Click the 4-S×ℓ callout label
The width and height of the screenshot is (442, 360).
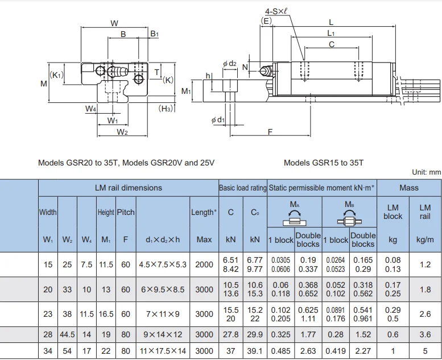point(278,11)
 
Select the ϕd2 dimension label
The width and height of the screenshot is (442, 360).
point(229,64)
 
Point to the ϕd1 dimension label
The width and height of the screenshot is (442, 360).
point(217,120)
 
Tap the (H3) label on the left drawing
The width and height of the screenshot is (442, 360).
point(166,109)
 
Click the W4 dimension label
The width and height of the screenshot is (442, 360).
point(90,109)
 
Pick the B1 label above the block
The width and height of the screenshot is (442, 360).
point(154,35)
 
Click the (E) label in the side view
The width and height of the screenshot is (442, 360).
point(266,21)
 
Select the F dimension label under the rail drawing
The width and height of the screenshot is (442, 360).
point(270,132)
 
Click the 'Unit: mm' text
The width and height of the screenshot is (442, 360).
point(426,171)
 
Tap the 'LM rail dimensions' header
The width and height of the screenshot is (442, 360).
point(128,188)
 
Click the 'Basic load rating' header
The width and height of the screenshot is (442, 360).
point(242,188)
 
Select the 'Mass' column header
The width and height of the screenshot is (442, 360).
point(408,188)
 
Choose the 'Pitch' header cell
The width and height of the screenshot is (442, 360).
point(126,212)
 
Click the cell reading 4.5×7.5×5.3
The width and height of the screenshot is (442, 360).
point(162,264)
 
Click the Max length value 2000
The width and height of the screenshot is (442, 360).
point(204,264)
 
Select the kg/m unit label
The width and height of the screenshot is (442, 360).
point(424,240)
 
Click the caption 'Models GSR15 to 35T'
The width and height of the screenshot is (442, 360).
point(323,163)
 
